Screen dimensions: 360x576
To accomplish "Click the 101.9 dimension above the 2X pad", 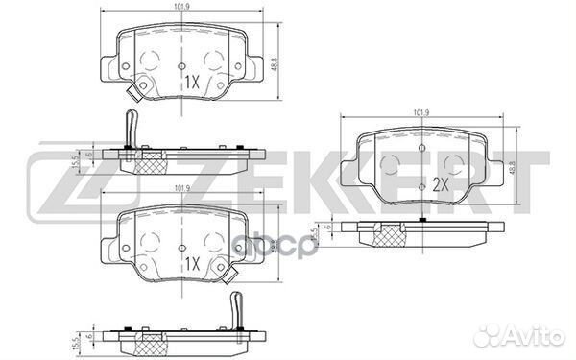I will tap(420, 115).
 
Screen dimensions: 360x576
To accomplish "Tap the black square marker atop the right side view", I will tap(422, 221).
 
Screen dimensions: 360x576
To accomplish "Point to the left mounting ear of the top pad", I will tap(107, 65).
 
